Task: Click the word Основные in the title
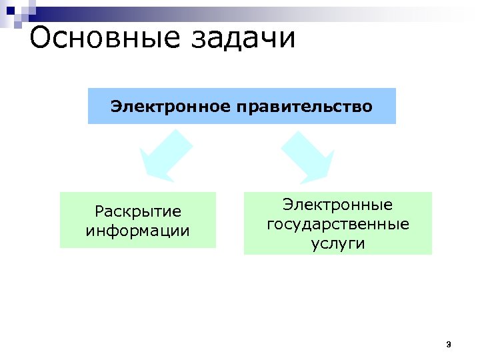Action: (x=104, y=39)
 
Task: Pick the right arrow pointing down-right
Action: (x=307, y=155)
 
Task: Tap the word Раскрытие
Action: (x=138, y=212)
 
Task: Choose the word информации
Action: (x=138, y=231)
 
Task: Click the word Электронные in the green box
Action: (x=337, y=204)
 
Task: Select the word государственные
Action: (x=338, y=224)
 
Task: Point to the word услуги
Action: (x=338, y=243)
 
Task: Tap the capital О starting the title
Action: (x=41, y=39)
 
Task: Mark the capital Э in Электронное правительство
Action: (x=116, y=106)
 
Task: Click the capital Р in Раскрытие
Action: (x=99, y=212)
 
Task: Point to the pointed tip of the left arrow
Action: (x=145, y=177)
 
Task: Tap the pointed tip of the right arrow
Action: (x=329, y=177)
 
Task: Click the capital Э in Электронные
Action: (x=287, y=204)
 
